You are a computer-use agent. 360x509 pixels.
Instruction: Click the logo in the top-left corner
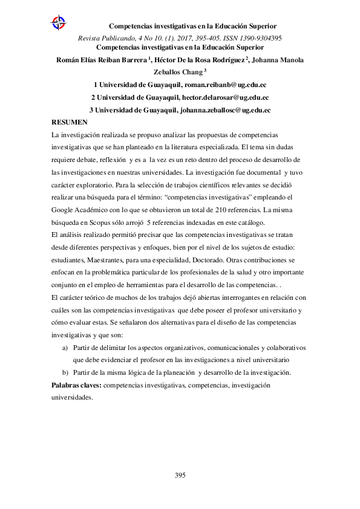(x=59, y=24)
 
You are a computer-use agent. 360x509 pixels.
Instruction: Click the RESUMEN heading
(x=69, y=122)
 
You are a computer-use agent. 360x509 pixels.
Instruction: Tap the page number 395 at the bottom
(x=180, y=475)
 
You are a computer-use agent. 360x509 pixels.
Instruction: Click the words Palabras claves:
(x=76, y=385)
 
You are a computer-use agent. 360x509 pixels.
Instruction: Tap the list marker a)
(x=65, y=348)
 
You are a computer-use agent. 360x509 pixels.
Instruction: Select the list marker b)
(x=65, y=371)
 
